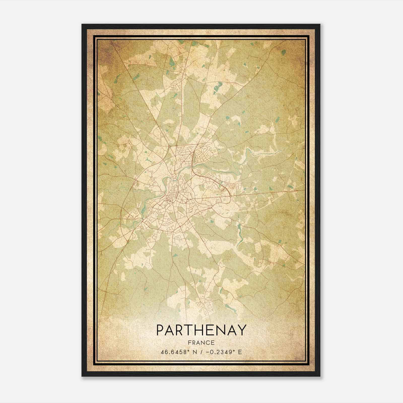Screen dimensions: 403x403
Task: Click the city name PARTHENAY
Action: [201, 330]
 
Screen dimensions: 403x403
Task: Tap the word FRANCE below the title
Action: [201, 343]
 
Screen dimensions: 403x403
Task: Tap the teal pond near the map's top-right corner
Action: [284, 52]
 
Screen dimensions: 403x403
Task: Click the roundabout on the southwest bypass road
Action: [128, 241]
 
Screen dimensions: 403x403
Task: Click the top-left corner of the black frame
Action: [82, 25]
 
